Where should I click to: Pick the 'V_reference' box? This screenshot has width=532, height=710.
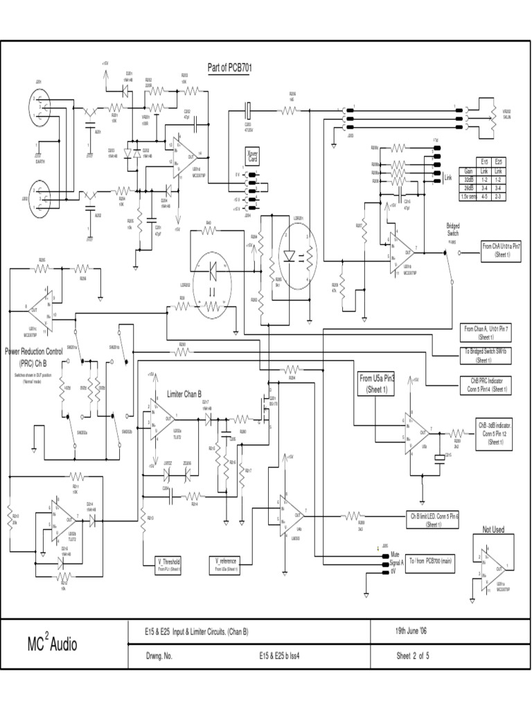pyautogui.click(x=227, y=564)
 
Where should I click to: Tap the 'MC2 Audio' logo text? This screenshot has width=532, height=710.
pyautogui.click(x=53, y=644)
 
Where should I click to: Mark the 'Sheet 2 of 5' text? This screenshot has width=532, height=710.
pyautogui.click(x=413, y=656)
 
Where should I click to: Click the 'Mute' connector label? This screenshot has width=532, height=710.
pyautogui.click(x=396, y=555)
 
